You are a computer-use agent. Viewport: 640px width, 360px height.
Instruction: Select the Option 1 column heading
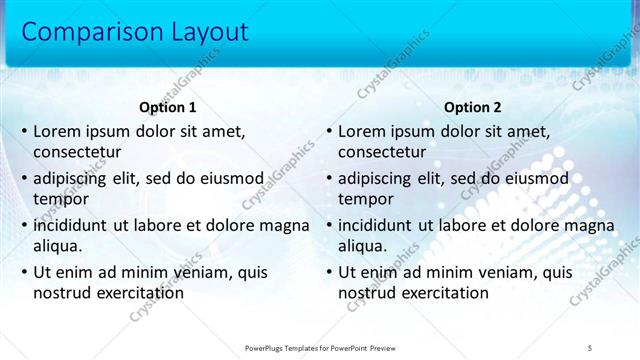[x=168, y=108]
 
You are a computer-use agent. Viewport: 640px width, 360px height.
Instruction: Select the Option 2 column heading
[x=473, y=108]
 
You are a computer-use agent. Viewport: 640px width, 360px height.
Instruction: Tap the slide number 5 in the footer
[x=590, y=347]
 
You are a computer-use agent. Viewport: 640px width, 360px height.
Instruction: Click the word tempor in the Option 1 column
[x=61, y=199]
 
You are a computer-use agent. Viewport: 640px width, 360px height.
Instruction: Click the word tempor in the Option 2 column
[x=366, y=199]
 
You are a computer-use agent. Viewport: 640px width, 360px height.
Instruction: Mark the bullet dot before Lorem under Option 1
[x=24, y=131]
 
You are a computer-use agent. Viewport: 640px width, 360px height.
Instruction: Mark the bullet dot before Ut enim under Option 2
[x=329, y=272]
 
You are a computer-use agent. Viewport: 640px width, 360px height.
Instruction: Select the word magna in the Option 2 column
[x=590, y=224]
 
